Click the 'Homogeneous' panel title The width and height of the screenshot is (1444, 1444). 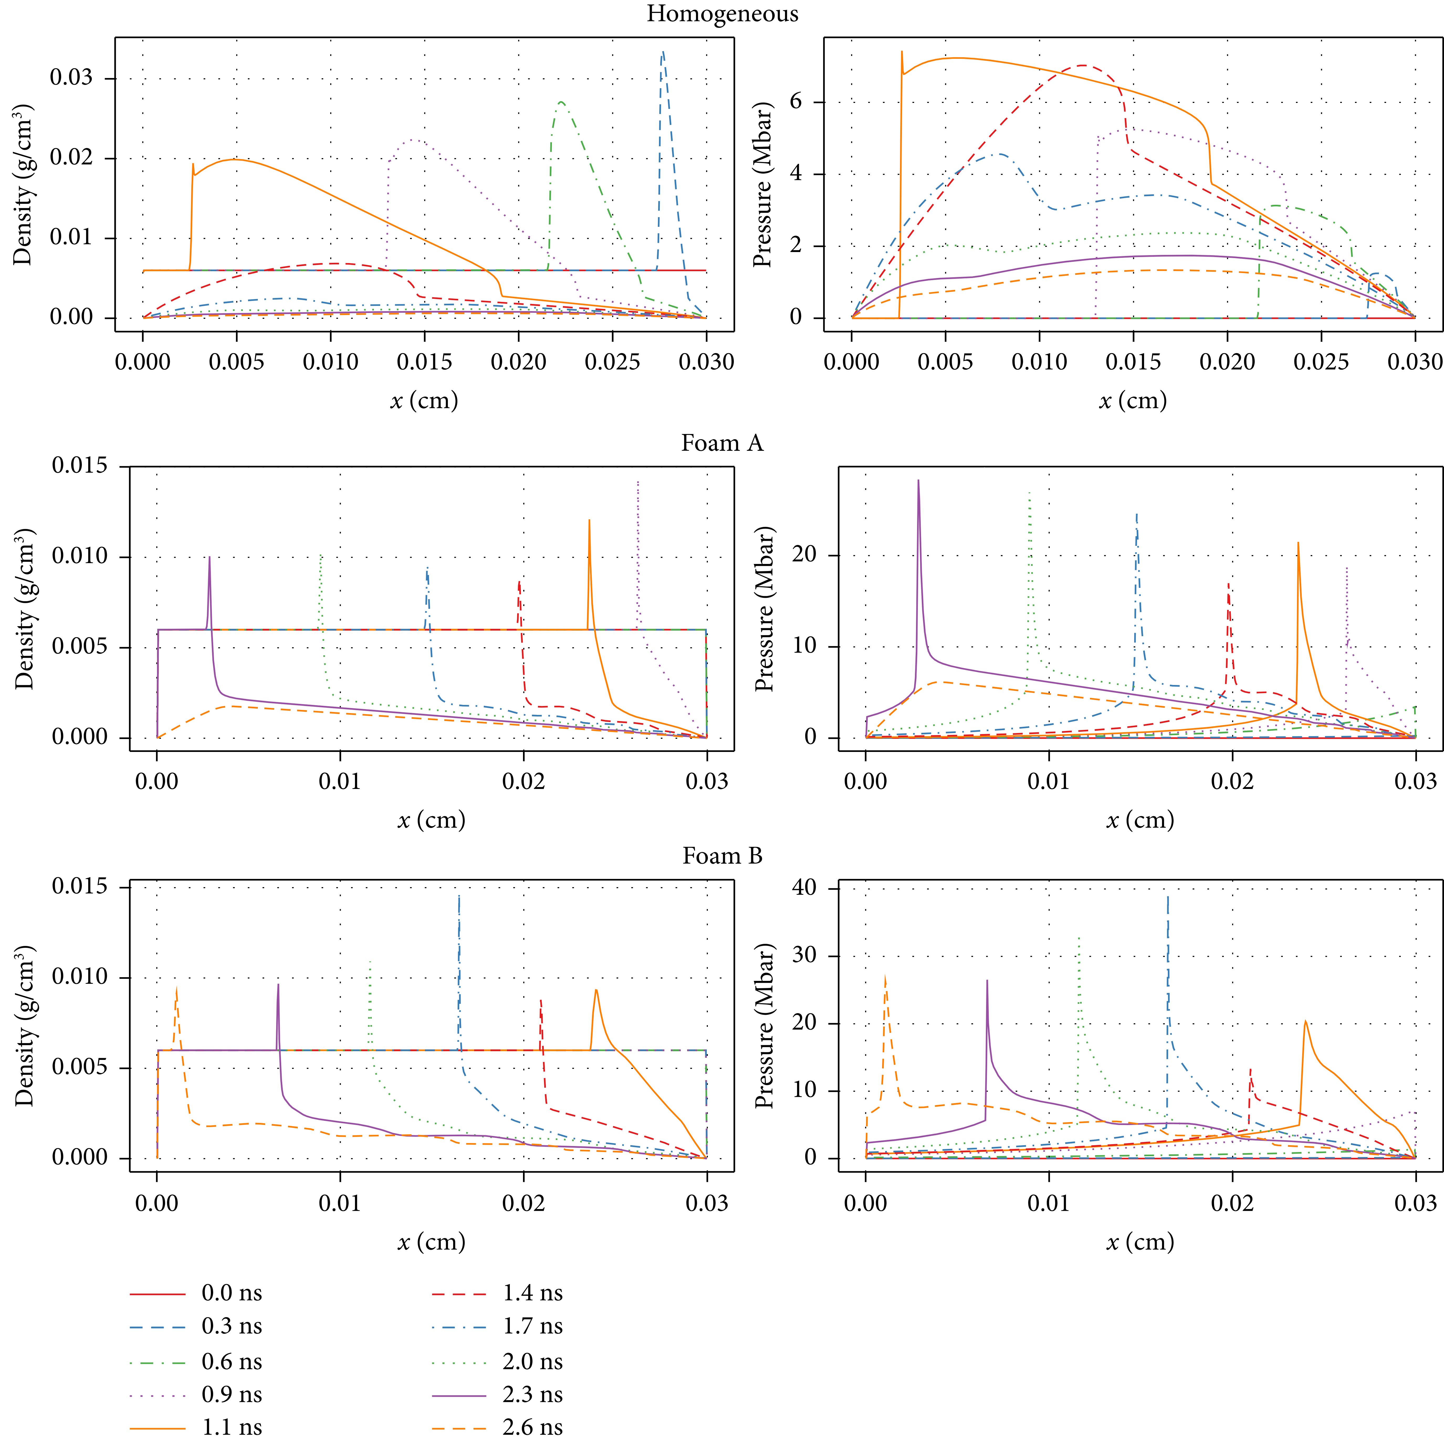722,14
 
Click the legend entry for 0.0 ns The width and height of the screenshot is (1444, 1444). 232,1293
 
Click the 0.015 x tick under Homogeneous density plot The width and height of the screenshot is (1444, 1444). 425,363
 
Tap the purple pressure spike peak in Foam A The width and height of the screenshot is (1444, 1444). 919,480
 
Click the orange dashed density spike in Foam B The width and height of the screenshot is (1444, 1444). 176,988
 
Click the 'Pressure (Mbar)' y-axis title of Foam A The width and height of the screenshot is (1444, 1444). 764,609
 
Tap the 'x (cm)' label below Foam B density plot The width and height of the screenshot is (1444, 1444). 431,1242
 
